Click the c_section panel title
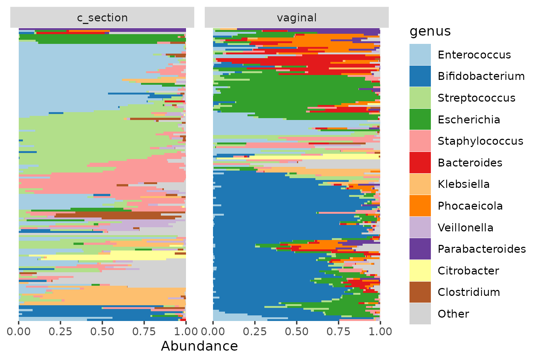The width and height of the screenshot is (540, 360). click(102, 18)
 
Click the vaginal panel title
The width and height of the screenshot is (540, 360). click(297, 18)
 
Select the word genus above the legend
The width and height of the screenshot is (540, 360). click(430, 31)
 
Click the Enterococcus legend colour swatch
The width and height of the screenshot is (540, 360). click(420, 54)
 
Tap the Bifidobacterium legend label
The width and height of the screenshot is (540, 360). click(481, 76)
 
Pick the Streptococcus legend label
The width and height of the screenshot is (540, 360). click(476, 98)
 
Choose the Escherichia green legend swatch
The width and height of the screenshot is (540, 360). click(420, 119)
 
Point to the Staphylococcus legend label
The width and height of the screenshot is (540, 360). click(480, 141)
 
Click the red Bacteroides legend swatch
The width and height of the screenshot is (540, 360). click(420, 162)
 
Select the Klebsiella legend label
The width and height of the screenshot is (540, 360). click(463, 184)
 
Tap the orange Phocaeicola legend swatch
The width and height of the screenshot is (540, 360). click(420, 205)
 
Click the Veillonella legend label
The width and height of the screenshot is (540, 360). click(465, 228)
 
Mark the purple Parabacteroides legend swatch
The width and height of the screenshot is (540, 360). click(420, 249)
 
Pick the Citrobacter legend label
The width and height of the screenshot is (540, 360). click(468, 271)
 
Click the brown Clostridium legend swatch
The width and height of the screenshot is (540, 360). click(420, 292)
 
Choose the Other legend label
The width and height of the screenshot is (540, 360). click(453, 314)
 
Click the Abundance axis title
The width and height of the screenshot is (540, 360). click(199, 346)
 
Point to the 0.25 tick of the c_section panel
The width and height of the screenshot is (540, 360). click(60, 331)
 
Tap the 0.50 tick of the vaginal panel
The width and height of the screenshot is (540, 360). click(297, 331)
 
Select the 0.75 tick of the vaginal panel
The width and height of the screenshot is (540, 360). click(339, 331)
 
